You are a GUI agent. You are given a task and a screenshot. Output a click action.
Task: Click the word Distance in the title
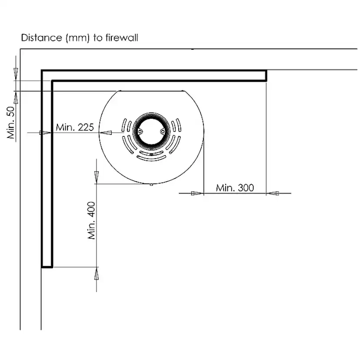point(42,38)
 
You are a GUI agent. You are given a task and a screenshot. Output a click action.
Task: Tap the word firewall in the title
point(122,38)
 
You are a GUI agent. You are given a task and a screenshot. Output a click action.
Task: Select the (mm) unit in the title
point(77,38)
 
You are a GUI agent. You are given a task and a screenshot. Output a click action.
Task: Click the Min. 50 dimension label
point(11,123)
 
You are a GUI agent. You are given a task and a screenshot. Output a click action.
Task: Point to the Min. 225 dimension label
point(75,127)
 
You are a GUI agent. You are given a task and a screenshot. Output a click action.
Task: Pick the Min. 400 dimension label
point(91,220)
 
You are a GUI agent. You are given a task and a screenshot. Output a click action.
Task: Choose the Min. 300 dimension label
point(235,188)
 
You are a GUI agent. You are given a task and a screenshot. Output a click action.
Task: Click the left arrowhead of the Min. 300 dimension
point(197,193)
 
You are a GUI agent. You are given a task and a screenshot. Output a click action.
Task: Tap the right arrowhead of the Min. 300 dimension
point(273,193)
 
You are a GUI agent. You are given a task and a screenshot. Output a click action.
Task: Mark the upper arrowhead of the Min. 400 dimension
point(97,177)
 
